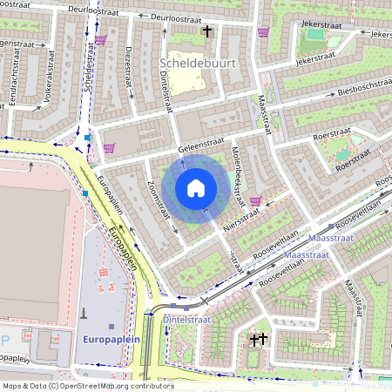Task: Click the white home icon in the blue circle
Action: pyautogui.click(x=196, y=188)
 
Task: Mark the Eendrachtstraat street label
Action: pyautogui.click(x=13, y=85)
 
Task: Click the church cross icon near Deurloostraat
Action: pyautogui.click(x=206, y=32)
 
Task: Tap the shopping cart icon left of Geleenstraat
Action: pyautogui.click(x=109, y=149)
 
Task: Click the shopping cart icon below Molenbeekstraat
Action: pyautogui.click(x=255, y=200)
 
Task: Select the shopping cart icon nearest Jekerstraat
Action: pyautogui.click(x=263, y=33)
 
